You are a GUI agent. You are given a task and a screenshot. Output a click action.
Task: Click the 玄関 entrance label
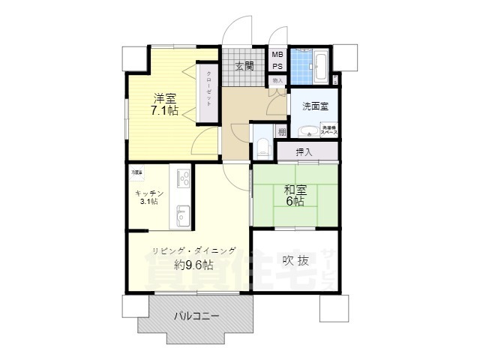tap(244, 66)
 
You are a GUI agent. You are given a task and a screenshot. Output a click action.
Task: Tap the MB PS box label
tap(277, 60)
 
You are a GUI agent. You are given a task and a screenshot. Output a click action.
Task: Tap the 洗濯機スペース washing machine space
tap(329, 129)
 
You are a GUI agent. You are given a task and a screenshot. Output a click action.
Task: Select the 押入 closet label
tap(304, 152)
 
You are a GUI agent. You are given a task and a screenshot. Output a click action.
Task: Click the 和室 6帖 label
tap(293, 195)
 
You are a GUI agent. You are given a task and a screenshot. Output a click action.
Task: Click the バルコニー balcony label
tap(196, 316)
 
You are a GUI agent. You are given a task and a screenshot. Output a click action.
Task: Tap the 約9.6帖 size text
tap(193, 265)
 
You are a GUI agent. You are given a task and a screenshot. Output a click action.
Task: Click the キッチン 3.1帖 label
tap(148, 196)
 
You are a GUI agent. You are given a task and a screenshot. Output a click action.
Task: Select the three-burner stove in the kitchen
tap(183, 178)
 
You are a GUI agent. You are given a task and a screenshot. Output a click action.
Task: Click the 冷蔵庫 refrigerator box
tap(138, 173)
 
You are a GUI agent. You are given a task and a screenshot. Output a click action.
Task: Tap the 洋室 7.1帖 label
tap(166, 104)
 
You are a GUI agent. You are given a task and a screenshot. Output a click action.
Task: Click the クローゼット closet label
tap(208, 90)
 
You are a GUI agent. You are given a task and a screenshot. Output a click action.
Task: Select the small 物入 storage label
tap(277, 80)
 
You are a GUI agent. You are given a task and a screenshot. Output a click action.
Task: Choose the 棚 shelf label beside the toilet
tap(281, 132)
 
